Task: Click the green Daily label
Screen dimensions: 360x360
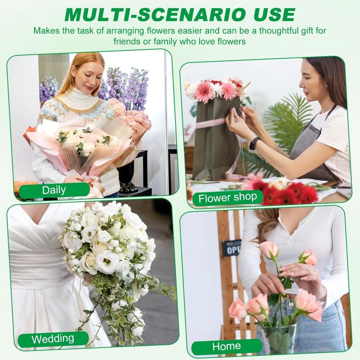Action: tap(54, 190)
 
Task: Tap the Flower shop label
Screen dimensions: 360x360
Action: tap(228, 198)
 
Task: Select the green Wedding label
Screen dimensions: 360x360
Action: tap(53, 339)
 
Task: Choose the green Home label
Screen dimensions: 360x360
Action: tap(227, 346)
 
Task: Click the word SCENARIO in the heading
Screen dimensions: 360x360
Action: tap(188, 15)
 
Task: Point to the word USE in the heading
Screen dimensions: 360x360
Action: tap(271, 15)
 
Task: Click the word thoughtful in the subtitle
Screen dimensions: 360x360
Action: tap(279, 31)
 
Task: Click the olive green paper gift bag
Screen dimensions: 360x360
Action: tap(216, 140)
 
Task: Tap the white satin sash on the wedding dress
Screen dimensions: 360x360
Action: tap(40, 268)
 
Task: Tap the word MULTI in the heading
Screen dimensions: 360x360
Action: tap(96, 15)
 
